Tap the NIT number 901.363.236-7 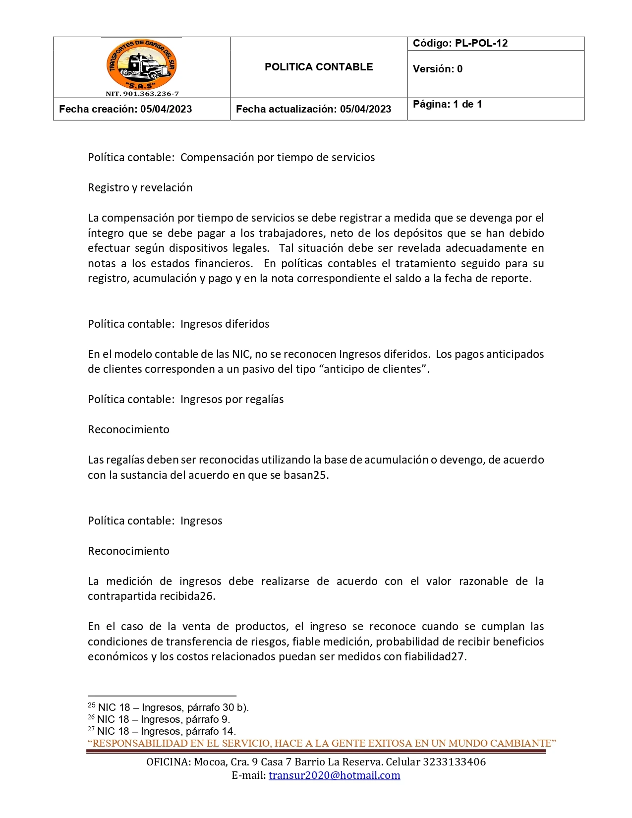coord(142,94)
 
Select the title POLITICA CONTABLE coord(319,67)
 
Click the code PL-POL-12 coord(460,43)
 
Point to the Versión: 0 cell coord(438,69)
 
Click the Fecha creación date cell coord(125,109)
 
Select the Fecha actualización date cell coord(314,109)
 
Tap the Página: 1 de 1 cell coord(448,104)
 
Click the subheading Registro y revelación coord(140,187)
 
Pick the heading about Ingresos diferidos coord(178,324)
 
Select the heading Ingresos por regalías coord(186,400)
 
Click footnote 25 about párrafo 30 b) coord(169,707)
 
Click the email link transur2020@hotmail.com coord(334,775)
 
